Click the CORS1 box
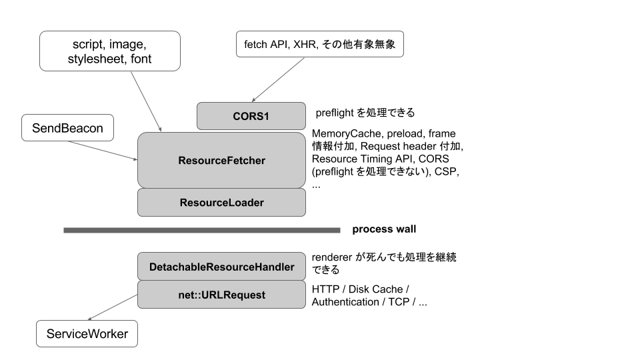pos(251,116)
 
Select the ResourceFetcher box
pos(221,161)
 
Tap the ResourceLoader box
pos(221,203)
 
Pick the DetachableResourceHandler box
pos(221,267)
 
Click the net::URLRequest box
pos(221,294)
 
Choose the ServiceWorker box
pos(87,333)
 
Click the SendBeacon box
pos(67,128)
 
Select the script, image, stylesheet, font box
pos(109,51)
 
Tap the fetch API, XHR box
pos(320,45)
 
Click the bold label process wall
pos(384,229)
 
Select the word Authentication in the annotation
pos(345,302)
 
